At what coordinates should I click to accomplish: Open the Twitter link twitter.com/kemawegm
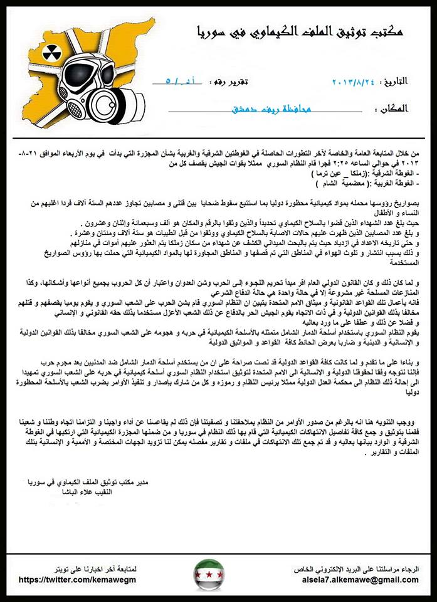tap(78, 580)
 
